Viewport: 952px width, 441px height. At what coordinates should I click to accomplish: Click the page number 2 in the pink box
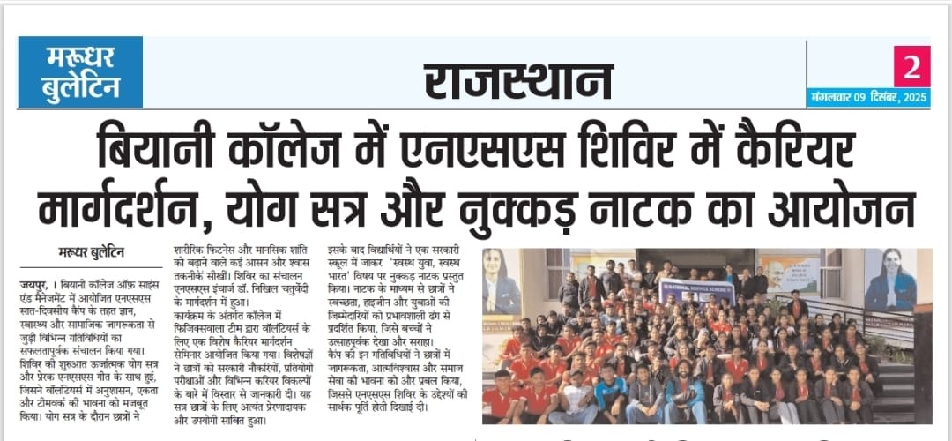coord(911,66)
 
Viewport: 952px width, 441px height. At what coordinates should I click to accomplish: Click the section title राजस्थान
coord(518,81)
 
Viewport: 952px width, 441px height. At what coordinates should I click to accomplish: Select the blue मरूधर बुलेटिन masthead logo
coord(81,72)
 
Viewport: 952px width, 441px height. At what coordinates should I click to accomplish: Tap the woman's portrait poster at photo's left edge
coord(502,281)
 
